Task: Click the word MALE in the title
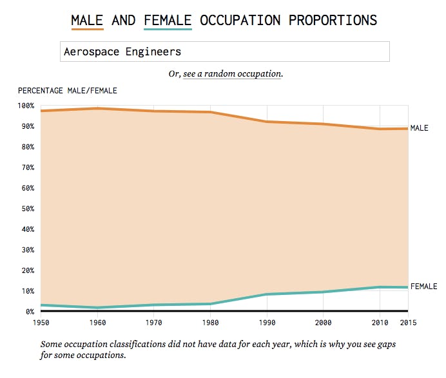[87, 20]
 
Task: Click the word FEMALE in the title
[168, 20]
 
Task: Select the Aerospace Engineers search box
[225, 52]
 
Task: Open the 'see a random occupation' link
[232, 74]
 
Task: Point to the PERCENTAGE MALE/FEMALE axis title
[68, 90]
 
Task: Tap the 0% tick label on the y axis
[30, 312]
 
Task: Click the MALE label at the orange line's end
[419, 128]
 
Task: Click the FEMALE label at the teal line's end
[423, 286]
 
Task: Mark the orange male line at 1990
[266, 122]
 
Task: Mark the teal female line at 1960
[97, 308]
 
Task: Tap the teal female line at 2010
[380, 287]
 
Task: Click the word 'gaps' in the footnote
[385, 345]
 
